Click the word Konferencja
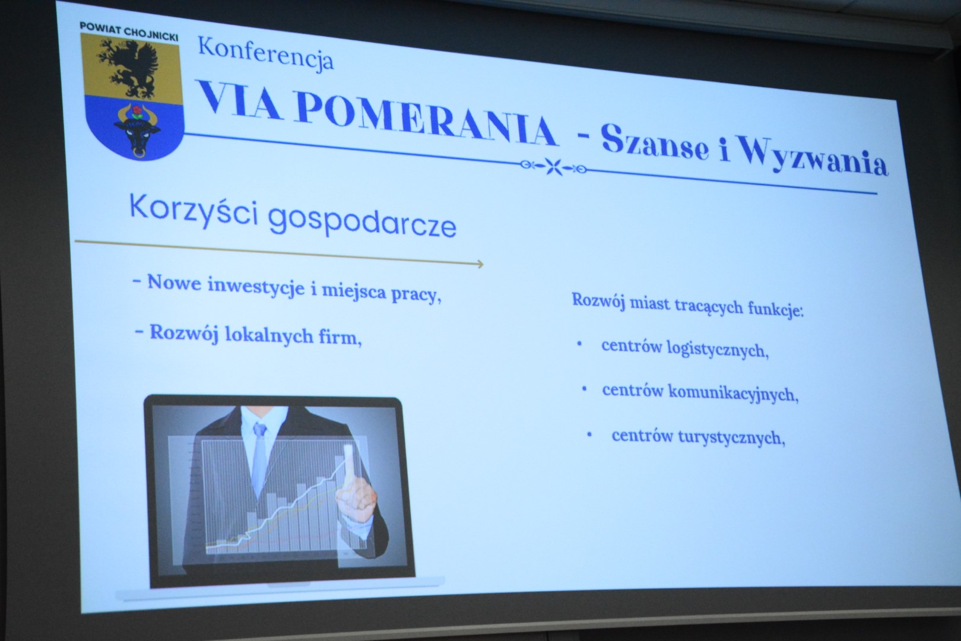coord(265,55)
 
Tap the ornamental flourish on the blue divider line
coord(553,166)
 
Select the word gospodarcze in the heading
coord(363,223)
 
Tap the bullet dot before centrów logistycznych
coord(579,343)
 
